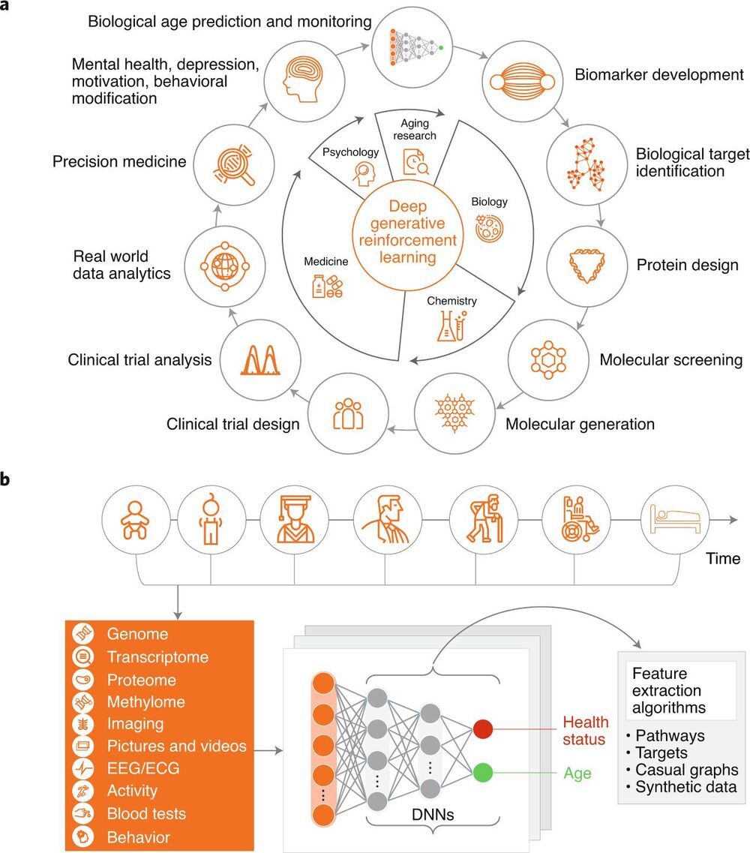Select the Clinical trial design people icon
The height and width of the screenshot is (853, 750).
348,413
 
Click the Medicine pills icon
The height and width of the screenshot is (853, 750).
326,287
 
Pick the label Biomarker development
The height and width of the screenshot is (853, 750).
659,75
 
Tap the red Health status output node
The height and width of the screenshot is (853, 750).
484,728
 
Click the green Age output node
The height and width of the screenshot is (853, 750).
484,772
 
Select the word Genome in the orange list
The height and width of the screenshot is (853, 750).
137,634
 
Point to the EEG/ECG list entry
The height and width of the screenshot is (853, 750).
143,769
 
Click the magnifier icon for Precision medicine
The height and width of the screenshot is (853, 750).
237,161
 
